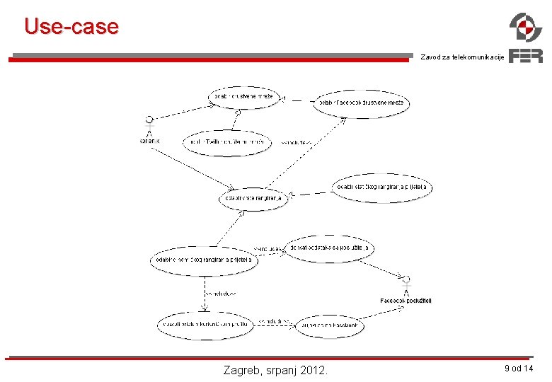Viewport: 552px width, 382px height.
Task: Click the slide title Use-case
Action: pyautogui.click(x=71, y=27)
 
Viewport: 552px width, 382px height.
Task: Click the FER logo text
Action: pyautogui.click(x=525, y=56)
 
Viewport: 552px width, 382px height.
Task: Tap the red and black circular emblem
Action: pyautogui.click(x=526, y=27)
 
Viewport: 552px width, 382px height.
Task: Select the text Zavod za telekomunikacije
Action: pyautogui.click(x=461, y=57)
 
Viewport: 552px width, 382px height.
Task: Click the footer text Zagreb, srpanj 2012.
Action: pyautogui.click(x=275, y=369)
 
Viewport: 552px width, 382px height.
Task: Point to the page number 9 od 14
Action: pyautogui.click(x=519, y=369)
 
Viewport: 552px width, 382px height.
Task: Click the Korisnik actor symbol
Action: pyautogui.click(x=149, y=125)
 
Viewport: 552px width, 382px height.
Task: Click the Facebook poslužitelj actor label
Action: pyautogui.click(x=406, y=301)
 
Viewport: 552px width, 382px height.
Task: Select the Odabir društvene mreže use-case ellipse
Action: pyautogui.click(x=245, y=97)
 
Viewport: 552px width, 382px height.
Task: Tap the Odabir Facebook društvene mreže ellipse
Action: pyautogui.click(x=362, y=103)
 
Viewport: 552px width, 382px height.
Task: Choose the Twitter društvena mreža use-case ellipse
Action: pyautogui.click(x=226, y=142)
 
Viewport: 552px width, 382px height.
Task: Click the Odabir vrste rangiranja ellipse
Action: pyautogui.click(x=254, y=199)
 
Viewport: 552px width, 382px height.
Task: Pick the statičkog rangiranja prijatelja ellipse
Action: pyautogui.click(x=381, y=187)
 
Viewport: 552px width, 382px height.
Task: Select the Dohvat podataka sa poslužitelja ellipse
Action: pyautogui.click(x=328, y=248)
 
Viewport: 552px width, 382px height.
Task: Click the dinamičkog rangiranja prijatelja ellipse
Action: pyautogui.click(x=204, y=260)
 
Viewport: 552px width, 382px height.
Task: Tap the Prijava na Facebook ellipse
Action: pyautogui.click(x=329, y=325)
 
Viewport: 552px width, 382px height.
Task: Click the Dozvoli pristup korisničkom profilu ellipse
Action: pyautogui.click(x=205, y=325)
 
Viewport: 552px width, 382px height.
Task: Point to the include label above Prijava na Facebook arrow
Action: pyautogui.click(x=273, y=321)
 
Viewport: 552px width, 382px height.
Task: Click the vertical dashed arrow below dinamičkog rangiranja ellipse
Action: pyautogui.click(x=205, y=291)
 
